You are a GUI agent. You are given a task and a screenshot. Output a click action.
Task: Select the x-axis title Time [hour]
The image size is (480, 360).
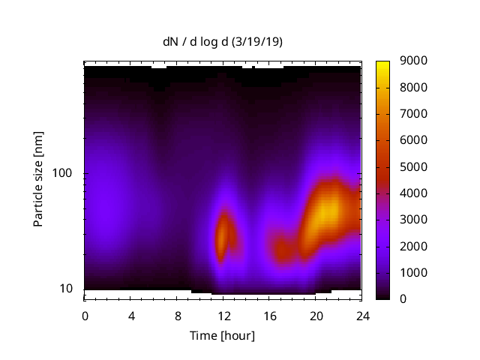tap(222, 335)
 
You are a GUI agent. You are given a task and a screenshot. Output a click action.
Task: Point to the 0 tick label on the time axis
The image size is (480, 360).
tap(85, 316)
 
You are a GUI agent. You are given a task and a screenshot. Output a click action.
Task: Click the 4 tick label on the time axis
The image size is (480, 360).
tap(131, 316)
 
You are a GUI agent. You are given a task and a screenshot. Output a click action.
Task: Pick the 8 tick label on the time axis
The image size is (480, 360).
tap(177, 316)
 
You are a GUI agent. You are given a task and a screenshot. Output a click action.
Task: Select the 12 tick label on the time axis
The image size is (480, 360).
tap(223, 316)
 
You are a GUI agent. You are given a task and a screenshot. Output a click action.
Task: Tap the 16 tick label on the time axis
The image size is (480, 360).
tap(269, 316)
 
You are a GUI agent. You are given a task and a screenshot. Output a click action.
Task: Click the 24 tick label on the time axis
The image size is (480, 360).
tap(361, 316)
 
